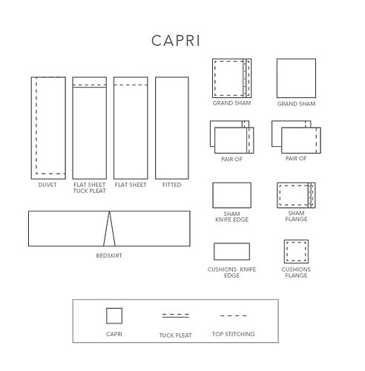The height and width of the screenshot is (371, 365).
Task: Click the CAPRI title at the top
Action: [x=176, y=41]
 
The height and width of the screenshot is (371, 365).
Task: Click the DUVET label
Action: [x=47, y=185]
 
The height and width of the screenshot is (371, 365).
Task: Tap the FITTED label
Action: [x=172, y=185]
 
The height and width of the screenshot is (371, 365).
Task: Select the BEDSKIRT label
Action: [x=109, y=255]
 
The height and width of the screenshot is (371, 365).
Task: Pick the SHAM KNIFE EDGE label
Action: [x=231, y=217]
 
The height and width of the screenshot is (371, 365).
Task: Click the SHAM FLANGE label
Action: [x=296, y=216]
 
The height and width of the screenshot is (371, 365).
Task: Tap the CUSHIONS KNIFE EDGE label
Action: [x=231, y=272]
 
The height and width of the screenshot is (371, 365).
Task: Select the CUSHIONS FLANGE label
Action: [x=296, y=272]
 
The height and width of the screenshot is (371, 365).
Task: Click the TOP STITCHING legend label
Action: [x=233, y=334]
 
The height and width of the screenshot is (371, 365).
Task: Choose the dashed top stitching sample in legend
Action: [x=233, y=316]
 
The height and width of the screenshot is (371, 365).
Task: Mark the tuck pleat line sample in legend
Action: [x=175, y=315]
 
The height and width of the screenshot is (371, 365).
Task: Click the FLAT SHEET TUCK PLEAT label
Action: [x=90, y=188]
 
